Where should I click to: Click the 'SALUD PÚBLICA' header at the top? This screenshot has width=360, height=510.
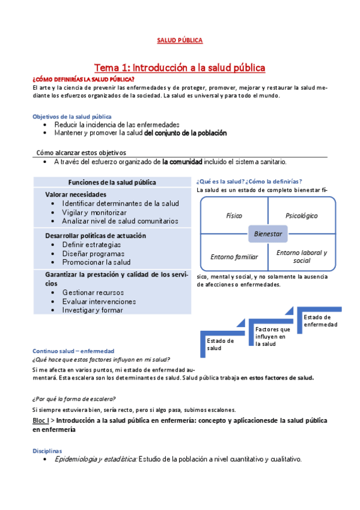coord(180,40)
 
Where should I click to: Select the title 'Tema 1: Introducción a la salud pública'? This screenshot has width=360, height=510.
coord(180,67)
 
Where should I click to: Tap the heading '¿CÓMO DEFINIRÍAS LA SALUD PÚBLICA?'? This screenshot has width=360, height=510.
coord(83,79)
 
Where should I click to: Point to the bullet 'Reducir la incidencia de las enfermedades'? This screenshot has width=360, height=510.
coord(108,124)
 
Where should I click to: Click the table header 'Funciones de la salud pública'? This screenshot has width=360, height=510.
coord(112,182)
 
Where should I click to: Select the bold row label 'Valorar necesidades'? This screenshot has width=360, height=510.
coord(76,194)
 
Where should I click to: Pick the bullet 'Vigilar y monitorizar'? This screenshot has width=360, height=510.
coord(94,213)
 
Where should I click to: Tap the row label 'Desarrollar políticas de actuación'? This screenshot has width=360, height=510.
coord(96,236)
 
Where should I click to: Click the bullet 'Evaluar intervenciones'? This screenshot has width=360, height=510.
coord(99,301)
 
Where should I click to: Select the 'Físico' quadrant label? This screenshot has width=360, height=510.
coord(234,215)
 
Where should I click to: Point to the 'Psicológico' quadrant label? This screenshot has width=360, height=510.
coord(301,215)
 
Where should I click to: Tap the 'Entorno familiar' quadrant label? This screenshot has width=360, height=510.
coord(234,257)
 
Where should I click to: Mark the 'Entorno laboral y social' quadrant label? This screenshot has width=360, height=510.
coord(301,257)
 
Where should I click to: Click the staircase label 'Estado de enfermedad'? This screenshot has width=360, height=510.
coord(320,321)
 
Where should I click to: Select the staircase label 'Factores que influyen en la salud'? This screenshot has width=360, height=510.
coord(272,336)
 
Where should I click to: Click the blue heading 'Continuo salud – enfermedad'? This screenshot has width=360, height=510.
coord(73,351)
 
